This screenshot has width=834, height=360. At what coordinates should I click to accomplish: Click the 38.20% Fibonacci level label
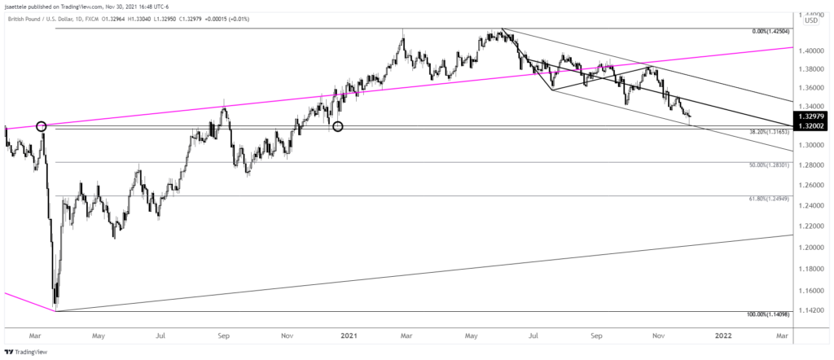pos(769,132)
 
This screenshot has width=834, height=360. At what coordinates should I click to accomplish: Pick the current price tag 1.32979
pos(812,116)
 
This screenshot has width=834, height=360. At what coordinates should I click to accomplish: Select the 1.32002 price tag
pos(812,126)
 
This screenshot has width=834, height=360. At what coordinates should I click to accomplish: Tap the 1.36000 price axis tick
pos(810,88)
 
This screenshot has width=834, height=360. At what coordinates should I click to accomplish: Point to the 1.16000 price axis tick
pos(810,290)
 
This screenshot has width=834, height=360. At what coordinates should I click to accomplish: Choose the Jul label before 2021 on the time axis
pos(161,334)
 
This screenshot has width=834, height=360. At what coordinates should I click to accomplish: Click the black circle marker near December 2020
pos(339,126)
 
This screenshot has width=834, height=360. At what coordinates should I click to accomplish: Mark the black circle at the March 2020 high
pos(41,125)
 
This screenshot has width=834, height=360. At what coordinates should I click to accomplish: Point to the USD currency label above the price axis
pos(811,20)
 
